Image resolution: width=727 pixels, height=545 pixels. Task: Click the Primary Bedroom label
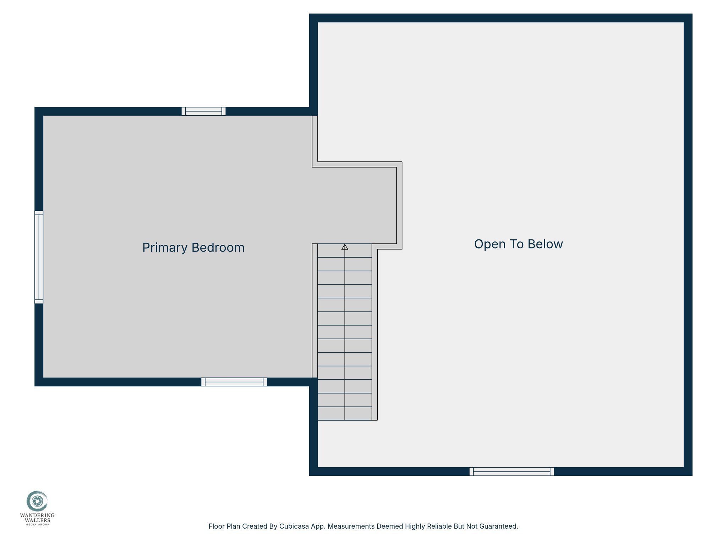[x=193, y=248]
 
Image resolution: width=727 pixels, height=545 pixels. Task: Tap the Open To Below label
[x=518, y=244]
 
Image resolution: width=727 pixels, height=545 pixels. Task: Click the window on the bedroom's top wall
[x=203, y=111]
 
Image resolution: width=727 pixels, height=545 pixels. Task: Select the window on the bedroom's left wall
[x=39, y=257]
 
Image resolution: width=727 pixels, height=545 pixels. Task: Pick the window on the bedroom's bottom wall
[x=234, y=382]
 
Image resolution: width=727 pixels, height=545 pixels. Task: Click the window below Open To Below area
[x=512, y=472]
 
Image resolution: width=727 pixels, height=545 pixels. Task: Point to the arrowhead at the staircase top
[x=345, y=247]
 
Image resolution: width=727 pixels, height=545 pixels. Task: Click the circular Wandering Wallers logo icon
[x=37, y=501]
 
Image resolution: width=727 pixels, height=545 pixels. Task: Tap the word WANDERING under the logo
[x=37, y=515]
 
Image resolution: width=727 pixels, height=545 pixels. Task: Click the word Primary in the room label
[x=165, y=248]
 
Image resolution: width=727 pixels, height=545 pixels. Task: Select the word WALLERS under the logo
[x=37, y=520]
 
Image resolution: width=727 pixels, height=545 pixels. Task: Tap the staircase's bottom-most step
[x=345, y=413]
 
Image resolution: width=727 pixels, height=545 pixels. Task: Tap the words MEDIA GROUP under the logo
[x=37, y=524]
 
